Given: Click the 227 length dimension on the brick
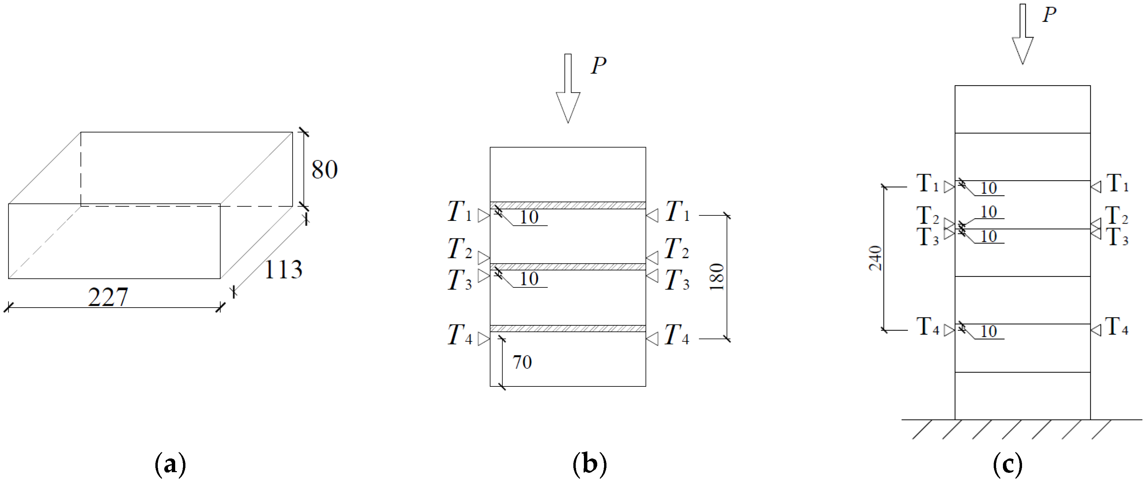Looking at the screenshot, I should pyautogui.click(x=108, y=297).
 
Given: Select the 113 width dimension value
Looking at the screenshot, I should pyautogui.click(x=283, y=269).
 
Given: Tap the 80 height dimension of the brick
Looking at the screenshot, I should pyautogui.click(x=324, y=169).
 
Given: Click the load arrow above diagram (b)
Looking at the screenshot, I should pyautogui.click(x=568, y=89).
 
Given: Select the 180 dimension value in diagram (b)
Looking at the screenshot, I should pyautogui.click(x=717, y=277).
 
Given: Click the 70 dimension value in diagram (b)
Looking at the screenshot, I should pyautogui.click(x=522, y=362).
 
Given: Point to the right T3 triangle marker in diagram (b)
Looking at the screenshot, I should pyautogui.click(x=652, y=275).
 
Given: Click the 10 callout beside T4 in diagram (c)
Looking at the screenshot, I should pyautogui.click(x=989, y=331).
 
